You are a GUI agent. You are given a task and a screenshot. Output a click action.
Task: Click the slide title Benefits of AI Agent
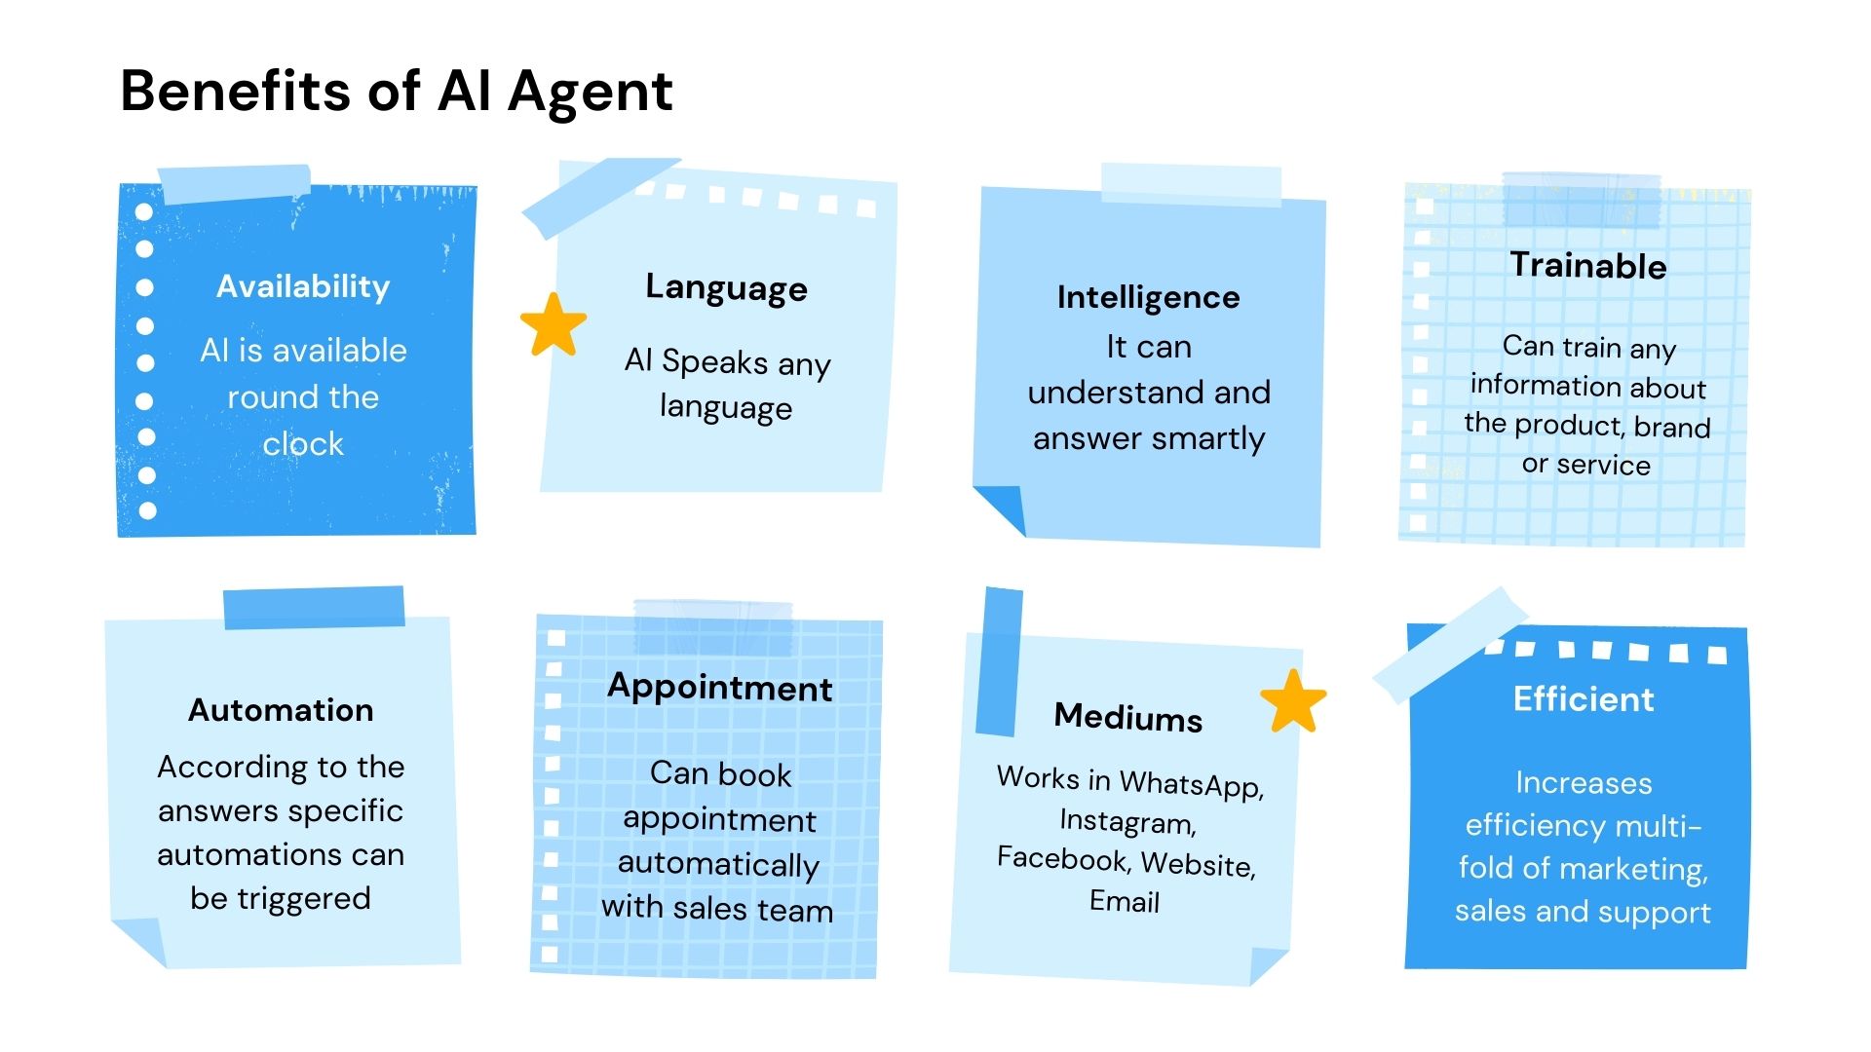click(396, 93)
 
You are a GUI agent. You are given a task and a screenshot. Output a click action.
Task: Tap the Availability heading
click(303, 286)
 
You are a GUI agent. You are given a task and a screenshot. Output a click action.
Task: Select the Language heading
click(726, 288)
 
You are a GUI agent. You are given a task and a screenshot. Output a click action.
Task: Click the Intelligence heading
click(1148, 297)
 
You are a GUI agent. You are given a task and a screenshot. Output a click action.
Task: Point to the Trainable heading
click(1587, 266)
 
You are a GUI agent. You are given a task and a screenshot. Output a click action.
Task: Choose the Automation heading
click(281, 710)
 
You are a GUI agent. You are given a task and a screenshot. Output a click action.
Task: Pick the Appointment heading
click(719, 688)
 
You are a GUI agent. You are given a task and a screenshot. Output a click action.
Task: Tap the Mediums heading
click(1127, 718)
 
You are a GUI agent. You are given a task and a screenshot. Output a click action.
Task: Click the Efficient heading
click(1583, 699)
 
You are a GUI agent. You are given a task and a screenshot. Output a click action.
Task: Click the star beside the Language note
click(554, 325)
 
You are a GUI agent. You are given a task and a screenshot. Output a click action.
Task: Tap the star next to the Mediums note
click(1293, 701)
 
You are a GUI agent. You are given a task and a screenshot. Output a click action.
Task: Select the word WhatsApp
click(1191, 784)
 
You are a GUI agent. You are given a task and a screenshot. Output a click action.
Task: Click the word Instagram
click(1127, 822)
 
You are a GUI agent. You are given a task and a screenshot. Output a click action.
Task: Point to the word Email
click(1124, 902)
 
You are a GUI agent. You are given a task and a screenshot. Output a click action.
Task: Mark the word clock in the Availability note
click(303, 445)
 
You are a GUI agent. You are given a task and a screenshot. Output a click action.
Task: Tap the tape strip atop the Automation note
click(314, 608)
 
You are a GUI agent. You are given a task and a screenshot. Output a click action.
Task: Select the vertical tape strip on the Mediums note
click(999, 661)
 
